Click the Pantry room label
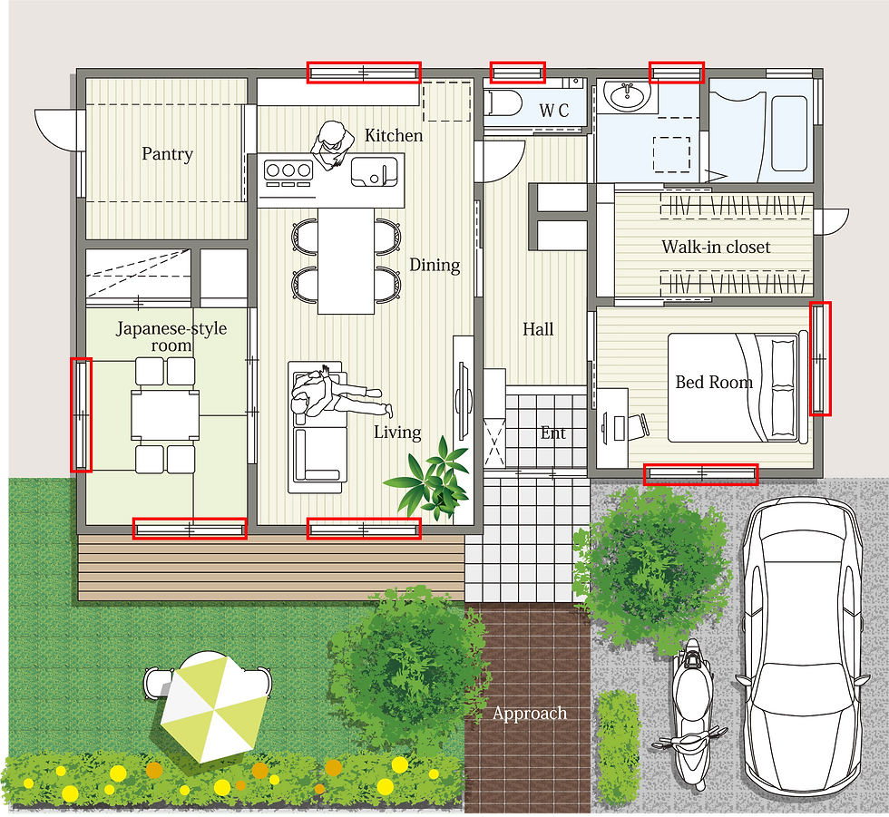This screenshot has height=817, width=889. pos(167,154)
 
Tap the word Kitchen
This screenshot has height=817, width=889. pos(394,135)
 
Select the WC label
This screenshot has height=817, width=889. pos(554,110)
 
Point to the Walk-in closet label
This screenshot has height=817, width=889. pos(716,247)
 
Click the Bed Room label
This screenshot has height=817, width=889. pos(714,382)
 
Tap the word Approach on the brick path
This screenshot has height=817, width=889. pos(530,714)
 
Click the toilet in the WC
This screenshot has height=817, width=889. pos(504,102)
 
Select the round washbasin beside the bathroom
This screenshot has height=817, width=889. pos(627,96)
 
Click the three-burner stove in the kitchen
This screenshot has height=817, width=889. pos(288,173)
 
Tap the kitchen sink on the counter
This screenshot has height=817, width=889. pos(374,171)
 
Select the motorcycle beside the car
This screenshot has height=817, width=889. pos(690,715)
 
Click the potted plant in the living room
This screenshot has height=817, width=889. pos(432,477)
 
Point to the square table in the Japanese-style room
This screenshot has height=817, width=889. pos(165,415)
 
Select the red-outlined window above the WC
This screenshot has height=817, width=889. pos(518,73)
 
